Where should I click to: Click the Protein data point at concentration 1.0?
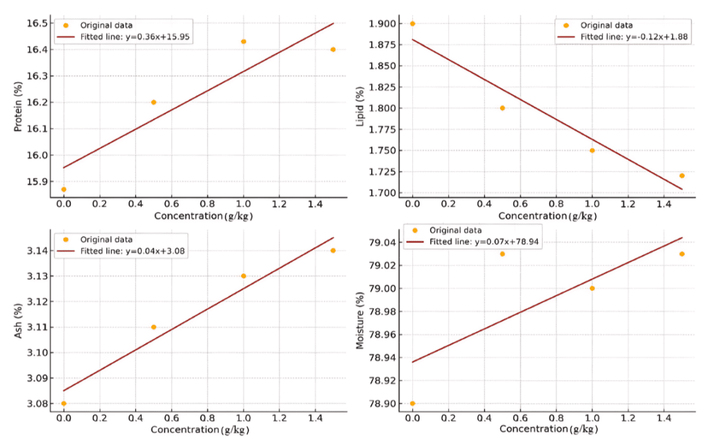point(243,41)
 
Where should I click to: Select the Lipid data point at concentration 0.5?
point(502,108)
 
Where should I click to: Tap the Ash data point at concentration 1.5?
point(333,250)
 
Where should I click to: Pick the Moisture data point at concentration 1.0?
point(592,288)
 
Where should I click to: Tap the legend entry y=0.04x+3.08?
point(135,251)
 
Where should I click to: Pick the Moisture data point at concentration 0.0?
point(412,403)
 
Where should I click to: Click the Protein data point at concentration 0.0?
point(64,189)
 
